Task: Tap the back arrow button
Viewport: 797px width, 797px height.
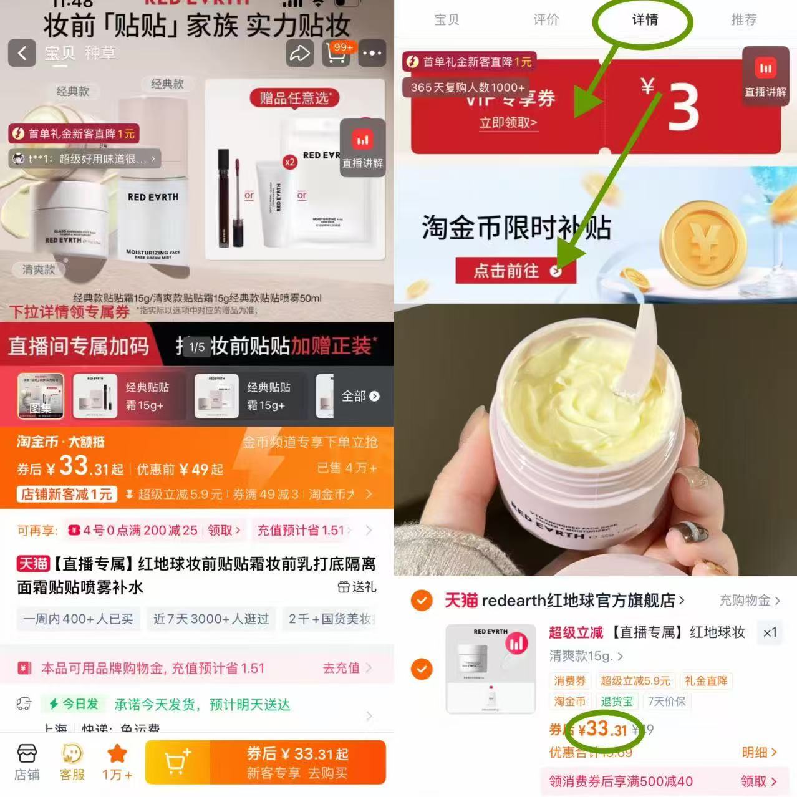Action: (x=22, y=53)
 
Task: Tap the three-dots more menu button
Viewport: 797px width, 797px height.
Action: (x=372, y=53)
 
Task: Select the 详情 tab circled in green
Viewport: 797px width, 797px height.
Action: (x=645, y=20)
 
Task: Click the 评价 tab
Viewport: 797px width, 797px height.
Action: (x=546, y=20)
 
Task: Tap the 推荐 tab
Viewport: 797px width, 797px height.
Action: (x=743, y=20)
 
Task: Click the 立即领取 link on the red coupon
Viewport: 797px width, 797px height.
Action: (x=508, y=123)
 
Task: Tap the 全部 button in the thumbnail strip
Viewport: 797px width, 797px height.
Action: (x=360, y=396)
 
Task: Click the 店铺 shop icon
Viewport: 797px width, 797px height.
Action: (x=27, y=761)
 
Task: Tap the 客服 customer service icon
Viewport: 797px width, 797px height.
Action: (x=72, y=761)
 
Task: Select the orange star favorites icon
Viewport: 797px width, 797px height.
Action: (x=117, y=761)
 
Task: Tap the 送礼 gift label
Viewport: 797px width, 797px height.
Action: (x=357, y=587)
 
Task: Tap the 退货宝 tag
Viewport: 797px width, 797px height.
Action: (x=616, y=702)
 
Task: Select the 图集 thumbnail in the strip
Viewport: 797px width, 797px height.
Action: (x=41, y=396)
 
